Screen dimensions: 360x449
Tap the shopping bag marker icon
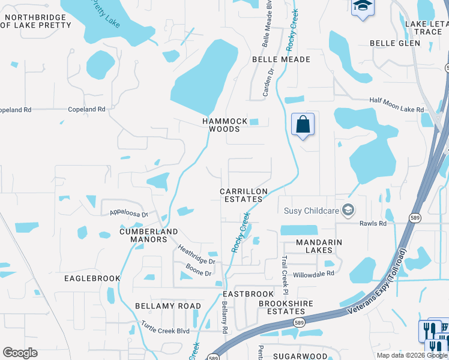pyautogui.click(x=303, y=125)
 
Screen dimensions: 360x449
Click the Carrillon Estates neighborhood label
pyautogui.click(x=243, y=195)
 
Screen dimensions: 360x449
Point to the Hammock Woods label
pyautogui.click(x=224, y=125)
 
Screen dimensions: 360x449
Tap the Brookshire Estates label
pyautogui.click(x=286, y=307)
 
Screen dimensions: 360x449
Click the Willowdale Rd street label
pyautogui.click(x=313, y=274)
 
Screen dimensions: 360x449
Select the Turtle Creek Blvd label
pyautogui.click(x=165, y=328)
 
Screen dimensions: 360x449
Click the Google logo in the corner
pyautogui.click(x=20, y=353)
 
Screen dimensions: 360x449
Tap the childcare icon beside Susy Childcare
pyautogui.click(x=348, y=210)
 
